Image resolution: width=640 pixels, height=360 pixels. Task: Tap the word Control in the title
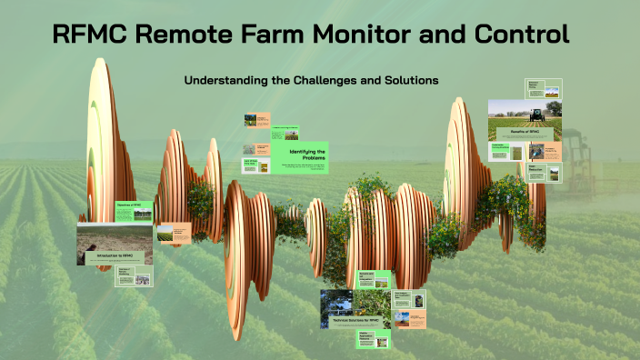point(523,35)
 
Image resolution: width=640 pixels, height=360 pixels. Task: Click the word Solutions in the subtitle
point(410,80)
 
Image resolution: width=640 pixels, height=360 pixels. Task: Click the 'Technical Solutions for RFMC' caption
point(355,322)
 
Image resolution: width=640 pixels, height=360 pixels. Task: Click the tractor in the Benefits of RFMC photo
point(536,115)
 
